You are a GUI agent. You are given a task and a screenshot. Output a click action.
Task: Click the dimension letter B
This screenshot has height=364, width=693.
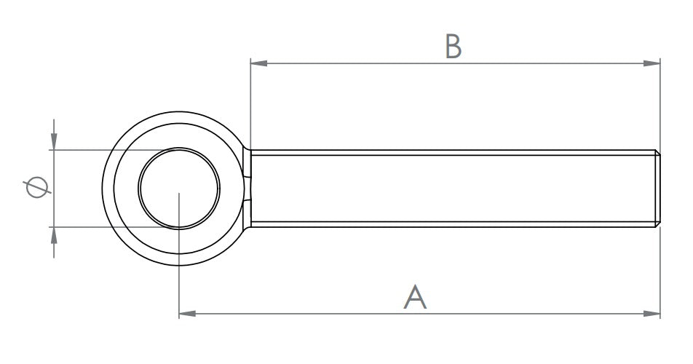point(453,46)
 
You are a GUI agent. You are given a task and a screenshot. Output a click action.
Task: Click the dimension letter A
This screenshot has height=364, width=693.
point(415,297)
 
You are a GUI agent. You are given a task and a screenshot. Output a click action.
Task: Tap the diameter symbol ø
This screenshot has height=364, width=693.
point(36,187)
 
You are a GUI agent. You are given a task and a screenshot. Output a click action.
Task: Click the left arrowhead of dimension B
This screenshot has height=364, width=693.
point(258,63)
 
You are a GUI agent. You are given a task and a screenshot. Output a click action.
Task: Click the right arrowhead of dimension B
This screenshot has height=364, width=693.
point(652,63)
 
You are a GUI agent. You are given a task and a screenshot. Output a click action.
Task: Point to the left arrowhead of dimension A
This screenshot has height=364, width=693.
point(187,314)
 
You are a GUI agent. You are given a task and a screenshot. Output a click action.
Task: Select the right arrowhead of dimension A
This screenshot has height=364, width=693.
point(652,314)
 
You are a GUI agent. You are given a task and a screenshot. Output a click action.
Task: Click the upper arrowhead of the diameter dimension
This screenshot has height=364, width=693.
point(54,141)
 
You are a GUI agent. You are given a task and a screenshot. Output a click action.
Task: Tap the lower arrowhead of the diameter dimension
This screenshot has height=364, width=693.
point(54,235)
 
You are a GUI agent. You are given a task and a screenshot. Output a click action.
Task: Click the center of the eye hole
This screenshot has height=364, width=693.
point(178,188)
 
